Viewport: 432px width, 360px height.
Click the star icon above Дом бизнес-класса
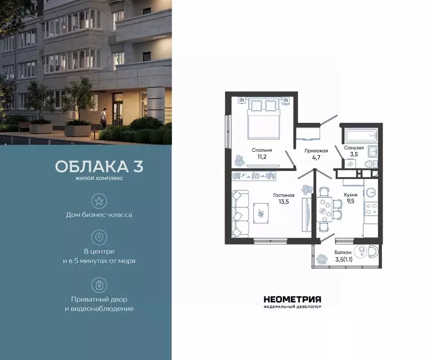(99, 201)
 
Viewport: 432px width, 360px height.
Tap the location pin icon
(99, 238)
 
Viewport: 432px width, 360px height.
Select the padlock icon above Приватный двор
(99, 285)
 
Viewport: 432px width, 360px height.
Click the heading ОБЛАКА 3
(99, 167)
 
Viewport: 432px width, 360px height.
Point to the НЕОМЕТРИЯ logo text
(292, 299)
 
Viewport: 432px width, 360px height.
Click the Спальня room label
(262, 150)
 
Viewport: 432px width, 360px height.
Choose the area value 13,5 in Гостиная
(284, 202)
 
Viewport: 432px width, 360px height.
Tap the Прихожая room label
(316, 151)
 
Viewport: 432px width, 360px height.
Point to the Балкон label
(343, 252)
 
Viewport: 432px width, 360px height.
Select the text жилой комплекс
(99, 179)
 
